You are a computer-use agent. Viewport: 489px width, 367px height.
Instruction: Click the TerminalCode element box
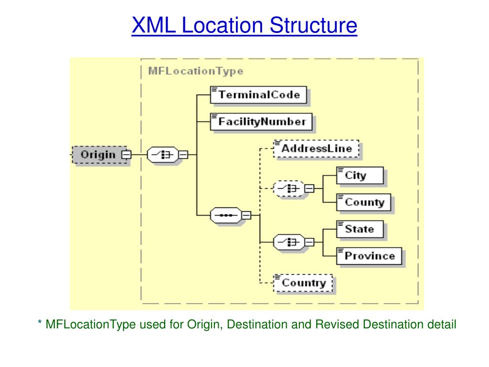coord(258,95)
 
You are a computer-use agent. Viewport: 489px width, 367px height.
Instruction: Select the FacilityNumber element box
coord(262,121)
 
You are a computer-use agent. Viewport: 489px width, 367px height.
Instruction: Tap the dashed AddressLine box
coord(316,148)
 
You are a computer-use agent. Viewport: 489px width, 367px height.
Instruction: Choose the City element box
coord(360,175)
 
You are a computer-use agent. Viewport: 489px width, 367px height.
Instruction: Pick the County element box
coord(364,202)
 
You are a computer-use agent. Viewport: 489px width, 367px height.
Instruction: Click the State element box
coord(360,229)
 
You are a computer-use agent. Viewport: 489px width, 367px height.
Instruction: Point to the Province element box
coord(369,256)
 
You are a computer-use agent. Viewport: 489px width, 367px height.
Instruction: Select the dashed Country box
coord(303,282)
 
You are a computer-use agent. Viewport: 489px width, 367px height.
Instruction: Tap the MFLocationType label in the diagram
coord(195,71)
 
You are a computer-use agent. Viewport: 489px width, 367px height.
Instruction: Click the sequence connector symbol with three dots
coord(226,216)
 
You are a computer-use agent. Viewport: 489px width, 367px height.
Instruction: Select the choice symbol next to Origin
coord(162,154)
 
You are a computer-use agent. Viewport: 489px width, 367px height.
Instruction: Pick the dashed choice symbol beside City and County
coord(289,189)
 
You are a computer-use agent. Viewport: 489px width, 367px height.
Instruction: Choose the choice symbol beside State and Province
coord(289,242)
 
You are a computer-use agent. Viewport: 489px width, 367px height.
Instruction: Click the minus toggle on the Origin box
coord(126,154)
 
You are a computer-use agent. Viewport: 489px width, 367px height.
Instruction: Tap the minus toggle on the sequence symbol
coord(246,216)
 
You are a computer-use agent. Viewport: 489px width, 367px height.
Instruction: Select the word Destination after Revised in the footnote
coord(393,325)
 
